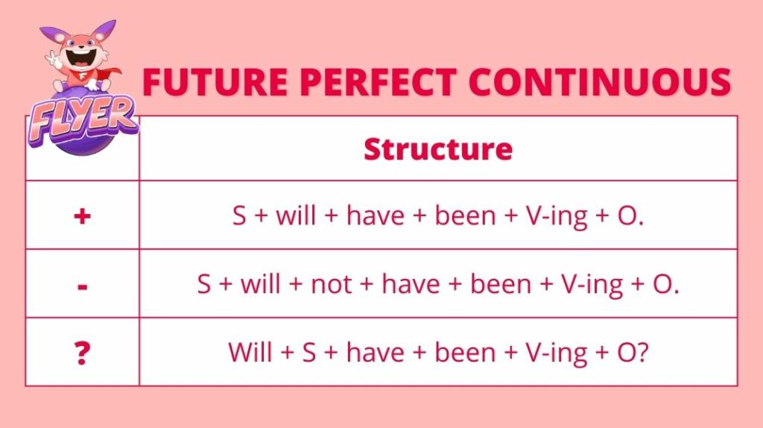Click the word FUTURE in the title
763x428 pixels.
coord(215,81)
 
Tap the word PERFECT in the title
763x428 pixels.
coord(378,81)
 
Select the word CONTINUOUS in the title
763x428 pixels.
coord(600,81)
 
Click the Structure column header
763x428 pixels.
coord(438,148)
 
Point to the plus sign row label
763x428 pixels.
coord(82,215)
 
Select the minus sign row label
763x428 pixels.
coord(82,287)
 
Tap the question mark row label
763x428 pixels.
coord(82,353)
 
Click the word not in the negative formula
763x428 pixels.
coord(331,284)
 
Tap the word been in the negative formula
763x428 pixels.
coord(500,283)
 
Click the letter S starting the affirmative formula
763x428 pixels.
coord(239,215)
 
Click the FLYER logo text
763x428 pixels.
coord(82,119)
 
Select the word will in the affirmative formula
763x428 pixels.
coord(296,215)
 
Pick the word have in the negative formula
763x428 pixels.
coord(411,283)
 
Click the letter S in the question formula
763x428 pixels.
coord(309,352)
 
